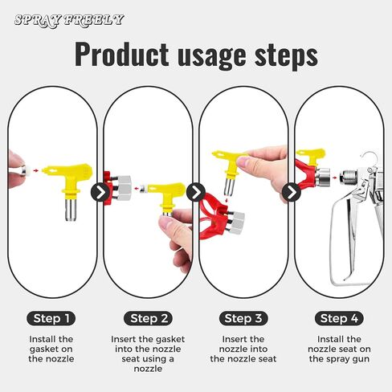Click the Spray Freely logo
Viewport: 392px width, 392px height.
[69, 20]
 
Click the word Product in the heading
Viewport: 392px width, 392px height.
[122, 54]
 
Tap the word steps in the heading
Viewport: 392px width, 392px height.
[286, 56]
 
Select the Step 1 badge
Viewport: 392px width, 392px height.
[51, 318]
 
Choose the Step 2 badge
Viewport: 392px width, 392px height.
[149, 318]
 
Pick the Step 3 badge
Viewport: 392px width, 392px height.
[243, 318]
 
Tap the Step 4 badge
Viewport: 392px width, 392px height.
[339, 318]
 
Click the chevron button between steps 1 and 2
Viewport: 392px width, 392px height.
[100, 192]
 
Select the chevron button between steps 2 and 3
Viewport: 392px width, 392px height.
[196, 192]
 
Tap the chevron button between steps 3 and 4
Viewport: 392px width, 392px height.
[292, 192]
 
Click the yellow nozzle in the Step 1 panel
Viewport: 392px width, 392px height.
[71, 187]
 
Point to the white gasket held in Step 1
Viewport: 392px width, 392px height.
[26, 170]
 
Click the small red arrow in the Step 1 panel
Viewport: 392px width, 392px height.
[35, 170]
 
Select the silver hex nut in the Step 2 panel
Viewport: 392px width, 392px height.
[124, 188]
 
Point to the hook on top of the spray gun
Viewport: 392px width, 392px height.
[370, 157]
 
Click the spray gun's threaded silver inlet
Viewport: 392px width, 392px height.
[349, 177]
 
